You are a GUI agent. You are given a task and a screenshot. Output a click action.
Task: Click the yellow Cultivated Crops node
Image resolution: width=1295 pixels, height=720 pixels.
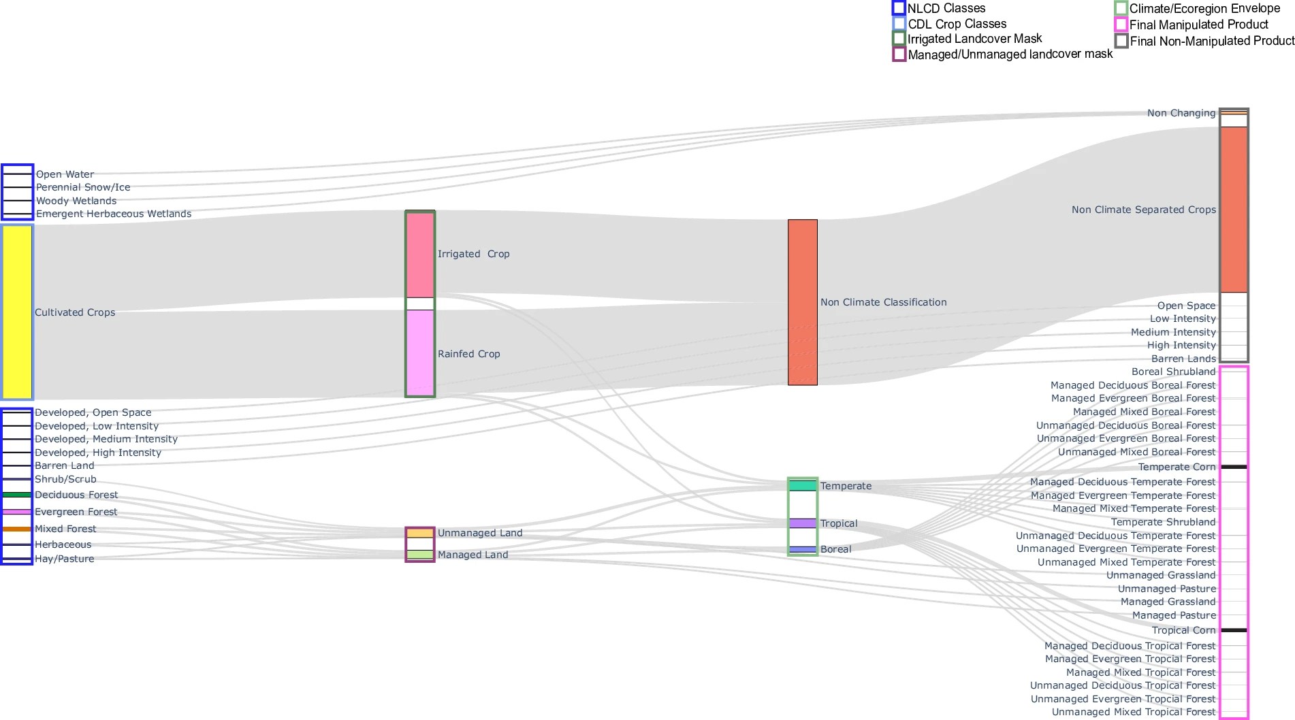17,312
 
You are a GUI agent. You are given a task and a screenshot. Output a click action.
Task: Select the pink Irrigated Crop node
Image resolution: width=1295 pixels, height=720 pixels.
420,255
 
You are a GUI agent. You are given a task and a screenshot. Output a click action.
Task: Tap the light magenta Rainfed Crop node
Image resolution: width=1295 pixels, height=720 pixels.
420,353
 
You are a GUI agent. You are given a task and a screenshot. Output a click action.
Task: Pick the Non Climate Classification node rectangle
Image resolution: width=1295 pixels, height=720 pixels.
803,302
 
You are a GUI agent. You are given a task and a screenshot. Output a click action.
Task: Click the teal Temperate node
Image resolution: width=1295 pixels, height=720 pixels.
803,486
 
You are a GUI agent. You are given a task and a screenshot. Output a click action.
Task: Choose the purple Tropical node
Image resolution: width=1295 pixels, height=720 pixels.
803,523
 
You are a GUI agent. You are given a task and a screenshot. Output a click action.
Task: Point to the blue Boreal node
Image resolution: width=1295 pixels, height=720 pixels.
803,549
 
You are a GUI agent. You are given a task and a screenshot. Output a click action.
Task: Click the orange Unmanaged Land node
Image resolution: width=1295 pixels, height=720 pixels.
420,533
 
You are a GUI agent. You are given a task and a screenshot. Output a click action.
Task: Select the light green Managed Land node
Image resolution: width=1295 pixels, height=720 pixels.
420,555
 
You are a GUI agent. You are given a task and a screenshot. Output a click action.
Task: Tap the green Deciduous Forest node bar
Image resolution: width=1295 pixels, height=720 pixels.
17,495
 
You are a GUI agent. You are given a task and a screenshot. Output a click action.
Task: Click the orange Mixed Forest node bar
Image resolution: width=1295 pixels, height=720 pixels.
17,529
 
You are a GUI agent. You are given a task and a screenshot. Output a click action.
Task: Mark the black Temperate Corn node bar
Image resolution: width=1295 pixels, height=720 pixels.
1234,467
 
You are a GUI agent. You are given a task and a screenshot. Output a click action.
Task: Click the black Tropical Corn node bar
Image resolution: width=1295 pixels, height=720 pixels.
1234,630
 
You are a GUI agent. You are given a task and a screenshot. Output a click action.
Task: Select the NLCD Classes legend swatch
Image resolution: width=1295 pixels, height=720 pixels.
899,8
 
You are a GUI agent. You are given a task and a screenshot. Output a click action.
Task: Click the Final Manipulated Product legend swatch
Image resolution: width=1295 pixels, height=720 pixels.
1121,24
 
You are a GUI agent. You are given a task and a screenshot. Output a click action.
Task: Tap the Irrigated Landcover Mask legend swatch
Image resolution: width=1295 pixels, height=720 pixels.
899,39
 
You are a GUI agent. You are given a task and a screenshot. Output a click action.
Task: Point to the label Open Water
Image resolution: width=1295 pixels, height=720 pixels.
65,174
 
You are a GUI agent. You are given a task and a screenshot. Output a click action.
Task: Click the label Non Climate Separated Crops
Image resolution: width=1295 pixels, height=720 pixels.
1143,210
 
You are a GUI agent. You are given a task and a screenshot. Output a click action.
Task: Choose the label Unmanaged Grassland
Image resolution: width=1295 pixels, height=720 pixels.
1161,575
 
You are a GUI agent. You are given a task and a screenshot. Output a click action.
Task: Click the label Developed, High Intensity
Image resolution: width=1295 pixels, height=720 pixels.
98,453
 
